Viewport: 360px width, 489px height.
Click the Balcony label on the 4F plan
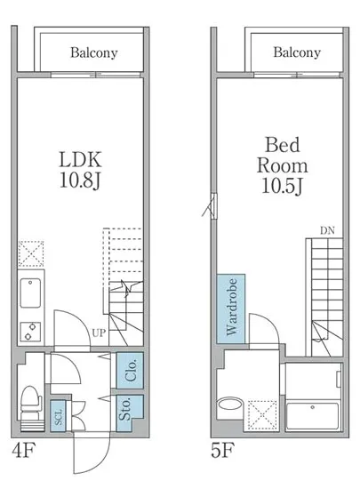point(94,52)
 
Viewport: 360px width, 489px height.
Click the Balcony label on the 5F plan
point(297,52)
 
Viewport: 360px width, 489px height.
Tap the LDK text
point(80,159)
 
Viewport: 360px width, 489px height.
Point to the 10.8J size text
point(80,180)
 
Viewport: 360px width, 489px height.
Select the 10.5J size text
point(283,186)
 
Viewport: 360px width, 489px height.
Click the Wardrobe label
point(232,308)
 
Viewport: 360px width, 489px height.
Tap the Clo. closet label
point(131,370)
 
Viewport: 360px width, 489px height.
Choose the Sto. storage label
point(125,409)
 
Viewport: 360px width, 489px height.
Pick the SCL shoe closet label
point(59,417)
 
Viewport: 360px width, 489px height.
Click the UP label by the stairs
point(99,333)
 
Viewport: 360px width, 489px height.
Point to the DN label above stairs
point(327,231)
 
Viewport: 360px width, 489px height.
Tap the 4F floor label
point(24,451)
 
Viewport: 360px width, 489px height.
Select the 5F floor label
point(222,451)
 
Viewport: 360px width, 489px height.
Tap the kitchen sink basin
point(30,293)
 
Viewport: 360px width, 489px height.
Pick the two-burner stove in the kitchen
point(30,332)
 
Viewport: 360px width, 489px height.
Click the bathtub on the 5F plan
point(312,416)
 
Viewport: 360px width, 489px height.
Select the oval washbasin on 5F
point(229,405)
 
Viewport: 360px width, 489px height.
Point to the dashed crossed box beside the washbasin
point(262,415)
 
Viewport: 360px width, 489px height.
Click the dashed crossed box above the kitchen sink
point(31,253)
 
